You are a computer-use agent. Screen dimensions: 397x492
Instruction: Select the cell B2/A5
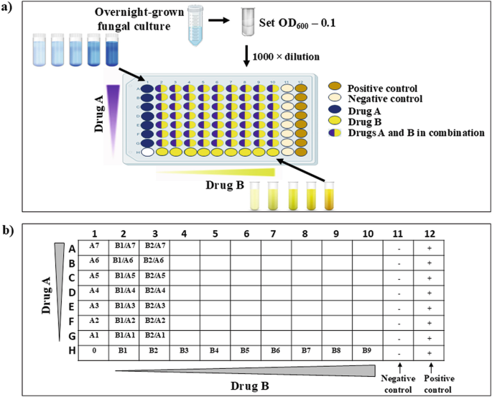pyautogui.click(x=154, y=276)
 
